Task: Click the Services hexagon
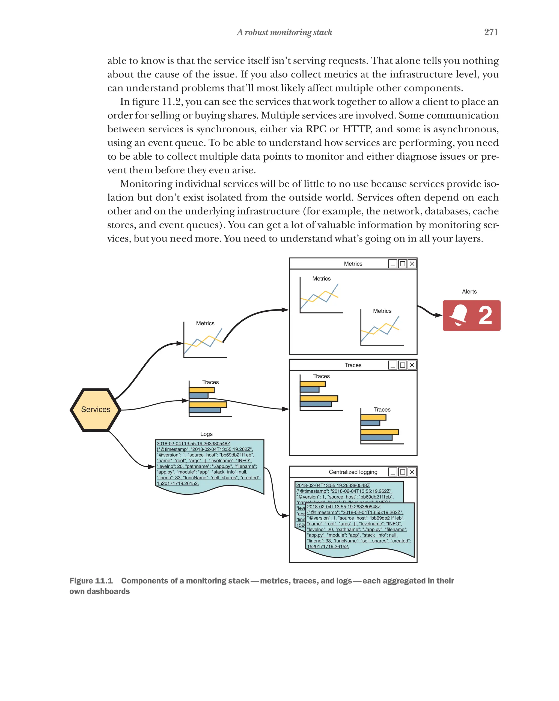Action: pos(95,409)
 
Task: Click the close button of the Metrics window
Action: pos(412,264)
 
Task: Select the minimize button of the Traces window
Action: pos(393,365)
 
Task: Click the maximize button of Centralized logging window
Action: pos(402,472)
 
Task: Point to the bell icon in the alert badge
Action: pos(459,315)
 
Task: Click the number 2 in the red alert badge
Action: pos(485,315)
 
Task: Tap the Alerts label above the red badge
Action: pos(469,292)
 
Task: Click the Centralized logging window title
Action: pos(353,472)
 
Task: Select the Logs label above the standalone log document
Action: pos(206,434)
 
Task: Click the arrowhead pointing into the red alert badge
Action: pos(439,315)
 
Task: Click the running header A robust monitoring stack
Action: pos(284,32)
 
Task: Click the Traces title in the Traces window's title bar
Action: pos(353,365)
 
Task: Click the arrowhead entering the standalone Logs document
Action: pos(151,467)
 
